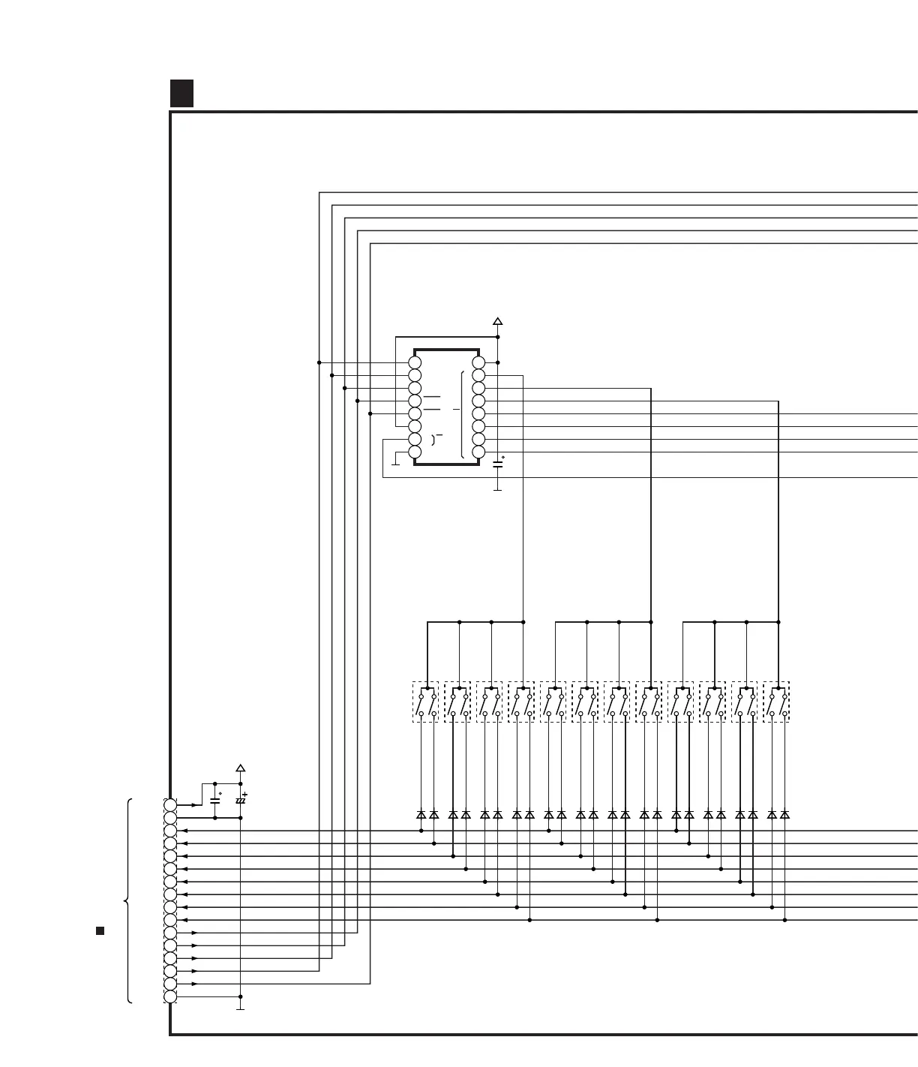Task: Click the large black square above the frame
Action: (x=181, y=93)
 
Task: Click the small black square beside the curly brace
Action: (x=100, y=931)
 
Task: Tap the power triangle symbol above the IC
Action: (x=497, y=321)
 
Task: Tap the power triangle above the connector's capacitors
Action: (x=240, y=768)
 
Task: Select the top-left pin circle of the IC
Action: (x=415, y=362)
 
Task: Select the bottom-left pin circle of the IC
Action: (x=415, y=452)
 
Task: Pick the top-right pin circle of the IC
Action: (x=478, y=362)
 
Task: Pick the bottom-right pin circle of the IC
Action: (x=478, y=452)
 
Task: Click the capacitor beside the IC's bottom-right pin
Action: (x=497, y=464)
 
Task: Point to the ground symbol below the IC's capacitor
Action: (x=497, y=490)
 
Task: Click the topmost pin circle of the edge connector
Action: (x=170, y=805)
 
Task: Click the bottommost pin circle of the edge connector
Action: (x=170, y=996)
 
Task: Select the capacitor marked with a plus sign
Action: (x=240, y=800)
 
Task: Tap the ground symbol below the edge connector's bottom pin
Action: (x=240, y=1009)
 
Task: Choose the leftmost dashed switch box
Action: (x=425, y=702)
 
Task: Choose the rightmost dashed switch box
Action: (x=776, y=702)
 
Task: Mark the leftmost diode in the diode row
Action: (x=421, y=814)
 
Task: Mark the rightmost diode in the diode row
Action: (x=784, y=814)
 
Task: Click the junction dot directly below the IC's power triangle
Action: (x=497, y=337)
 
